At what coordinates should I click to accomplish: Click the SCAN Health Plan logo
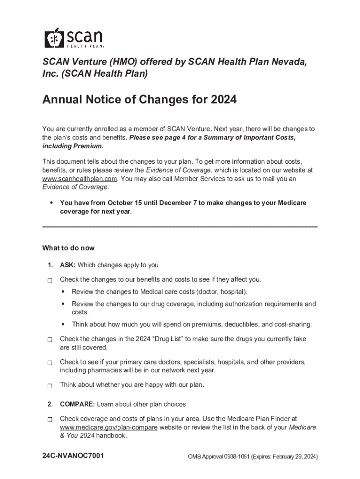(x=74, y=37)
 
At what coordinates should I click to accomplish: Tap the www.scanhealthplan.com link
(x=79, y=179)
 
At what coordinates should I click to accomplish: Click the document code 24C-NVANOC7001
(x=73, y=456)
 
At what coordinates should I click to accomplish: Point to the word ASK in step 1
(x=67, y=265)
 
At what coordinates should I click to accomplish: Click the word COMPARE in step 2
(x=77, y=404)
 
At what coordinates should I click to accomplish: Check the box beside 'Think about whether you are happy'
(x=50, y=386)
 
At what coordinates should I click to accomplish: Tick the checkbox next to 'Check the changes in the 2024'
(x=50, y=340)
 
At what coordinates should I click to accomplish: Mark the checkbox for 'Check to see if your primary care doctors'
(x=50, y=363)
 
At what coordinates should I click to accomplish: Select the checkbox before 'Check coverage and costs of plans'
(x=50, y=420)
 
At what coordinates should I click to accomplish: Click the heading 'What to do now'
(x=68, y=248)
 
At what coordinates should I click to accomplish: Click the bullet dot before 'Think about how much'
(x=63, y=324)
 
